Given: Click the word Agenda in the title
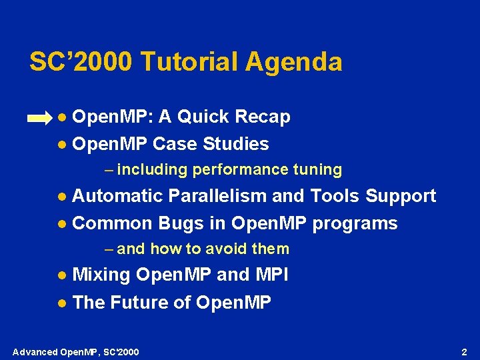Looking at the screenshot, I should tap(293, 62).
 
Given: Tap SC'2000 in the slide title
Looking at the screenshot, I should tap(81, 62).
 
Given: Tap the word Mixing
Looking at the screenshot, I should tap(101, 275).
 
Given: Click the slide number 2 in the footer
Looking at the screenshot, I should tap(465, 351).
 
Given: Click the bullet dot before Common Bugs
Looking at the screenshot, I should tap(61, 224).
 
